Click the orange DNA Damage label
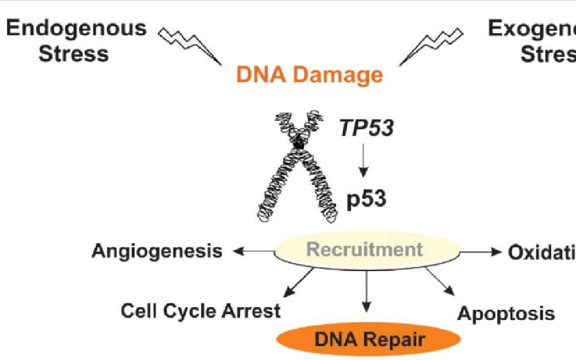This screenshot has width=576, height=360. pos(310,75)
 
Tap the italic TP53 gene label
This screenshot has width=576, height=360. pos(366,128)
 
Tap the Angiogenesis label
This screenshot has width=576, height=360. pos(157,251)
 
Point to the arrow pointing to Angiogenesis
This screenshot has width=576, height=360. pos(254,251)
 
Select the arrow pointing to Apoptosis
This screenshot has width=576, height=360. pos(438,282)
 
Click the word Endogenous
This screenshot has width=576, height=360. pos(77,28)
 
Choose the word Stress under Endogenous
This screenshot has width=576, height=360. pos(74,54)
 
